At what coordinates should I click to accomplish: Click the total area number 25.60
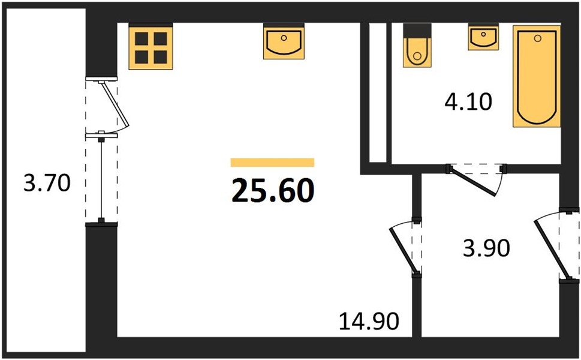(x=273, y=190)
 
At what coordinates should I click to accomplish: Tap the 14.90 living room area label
(x=369, y=321)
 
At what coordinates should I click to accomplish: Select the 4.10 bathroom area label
(x=468, y=101)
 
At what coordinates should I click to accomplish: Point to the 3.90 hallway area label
(x=486, y=248)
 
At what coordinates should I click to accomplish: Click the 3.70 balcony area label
(x=47, y=183)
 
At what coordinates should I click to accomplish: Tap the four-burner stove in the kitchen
(x=151, y=46)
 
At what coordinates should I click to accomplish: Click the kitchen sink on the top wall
(x=284, y=41)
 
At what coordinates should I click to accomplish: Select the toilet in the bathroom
(x=417, y=45)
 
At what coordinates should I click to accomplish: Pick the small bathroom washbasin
(x=483, y=37)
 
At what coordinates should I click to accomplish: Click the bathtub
(x=537, y=76)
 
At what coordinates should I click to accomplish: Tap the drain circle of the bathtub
(x=538, y=38)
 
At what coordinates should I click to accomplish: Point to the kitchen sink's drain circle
(x=284, y=37)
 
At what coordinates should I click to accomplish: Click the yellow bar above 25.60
(x=272, y=163)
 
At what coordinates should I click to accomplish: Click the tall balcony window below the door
(x=101, y=179)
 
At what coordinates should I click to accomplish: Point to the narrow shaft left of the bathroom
(x=378, y=92)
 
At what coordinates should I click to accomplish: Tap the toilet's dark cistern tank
(x=417, y=30)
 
